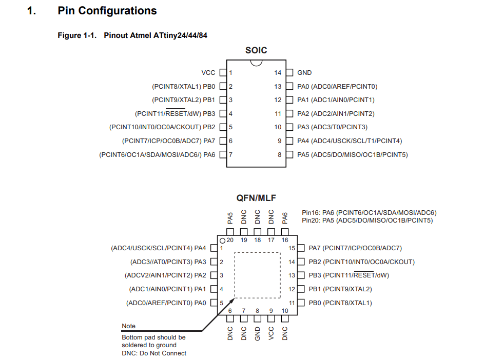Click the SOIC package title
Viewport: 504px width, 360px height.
(256, 50)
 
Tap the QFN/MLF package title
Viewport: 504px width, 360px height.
(256, 198)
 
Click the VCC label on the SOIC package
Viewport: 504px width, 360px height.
(208, 73)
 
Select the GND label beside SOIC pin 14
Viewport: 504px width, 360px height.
(304, 73)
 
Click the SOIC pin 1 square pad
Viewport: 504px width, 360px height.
(223, 73)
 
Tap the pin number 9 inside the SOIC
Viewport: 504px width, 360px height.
(279, 141)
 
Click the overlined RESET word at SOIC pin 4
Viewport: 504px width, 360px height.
(176, 114)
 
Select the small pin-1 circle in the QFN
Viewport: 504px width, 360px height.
(222, 241)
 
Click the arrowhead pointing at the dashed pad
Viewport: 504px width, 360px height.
(231, 301)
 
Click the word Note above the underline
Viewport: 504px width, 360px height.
(129, 326)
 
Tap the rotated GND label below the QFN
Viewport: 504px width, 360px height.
(258, 334)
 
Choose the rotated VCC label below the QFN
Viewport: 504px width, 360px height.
(271, 333)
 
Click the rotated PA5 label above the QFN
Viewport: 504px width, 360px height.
(230, 218)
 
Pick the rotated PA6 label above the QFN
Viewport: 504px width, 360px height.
(285, 218)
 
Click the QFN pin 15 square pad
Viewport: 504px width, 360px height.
(301, 248)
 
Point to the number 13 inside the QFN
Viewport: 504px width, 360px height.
(292, 275)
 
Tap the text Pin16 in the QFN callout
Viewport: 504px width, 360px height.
(311, 213)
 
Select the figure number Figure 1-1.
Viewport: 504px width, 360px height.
(77, 35)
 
